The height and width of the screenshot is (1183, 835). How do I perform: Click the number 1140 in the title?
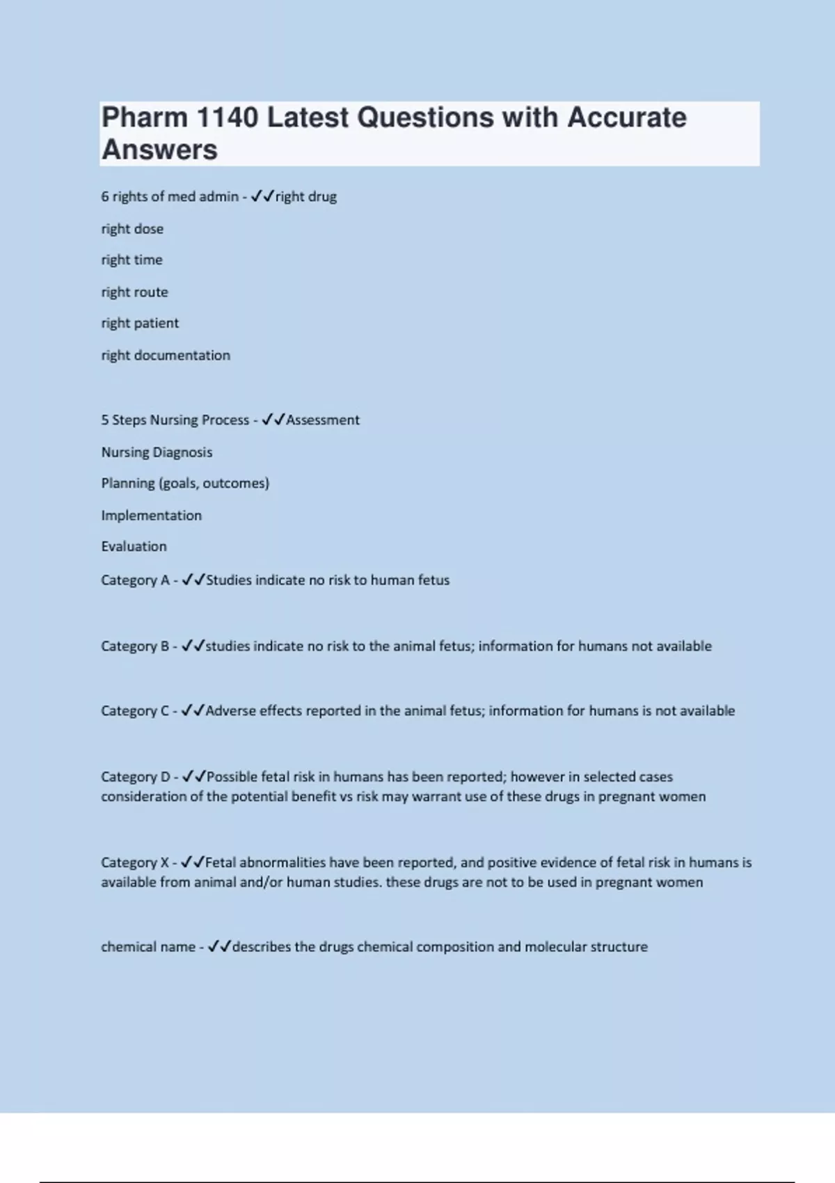coord(228,118)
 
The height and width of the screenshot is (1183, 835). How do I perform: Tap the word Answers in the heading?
coord(159,150)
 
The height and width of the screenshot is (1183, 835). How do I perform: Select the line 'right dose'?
coord(132,229)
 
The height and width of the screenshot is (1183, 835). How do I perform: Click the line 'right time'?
coord(132,260)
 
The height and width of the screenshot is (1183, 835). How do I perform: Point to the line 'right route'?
coord(134,292)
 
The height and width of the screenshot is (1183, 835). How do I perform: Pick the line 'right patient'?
coord(140,323)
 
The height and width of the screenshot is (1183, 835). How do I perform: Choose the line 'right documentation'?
coord(166,355)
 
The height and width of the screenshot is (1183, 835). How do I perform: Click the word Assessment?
coord(323,420)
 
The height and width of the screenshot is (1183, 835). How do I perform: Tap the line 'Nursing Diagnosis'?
coord(157,452)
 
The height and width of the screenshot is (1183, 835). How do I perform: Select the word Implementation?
coord(151,516)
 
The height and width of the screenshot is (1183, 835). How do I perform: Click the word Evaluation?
coord(134,546)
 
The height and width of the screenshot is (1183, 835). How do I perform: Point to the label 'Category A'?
coord(135,580)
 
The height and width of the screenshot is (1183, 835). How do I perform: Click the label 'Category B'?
coord(135,646)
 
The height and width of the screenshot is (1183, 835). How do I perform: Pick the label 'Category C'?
coord(135,711)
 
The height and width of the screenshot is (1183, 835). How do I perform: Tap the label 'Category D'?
coord(135,777)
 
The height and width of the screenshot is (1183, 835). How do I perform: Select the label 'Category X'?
coord(135,863)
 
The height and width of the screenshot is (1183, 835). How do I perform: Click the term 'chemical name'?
coord(148,947)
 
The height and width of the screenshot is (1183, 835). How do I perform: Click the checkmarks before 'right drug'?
coord(262,196)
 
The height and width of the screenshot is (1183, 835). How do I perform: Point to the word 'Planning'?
coord(128,484)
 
